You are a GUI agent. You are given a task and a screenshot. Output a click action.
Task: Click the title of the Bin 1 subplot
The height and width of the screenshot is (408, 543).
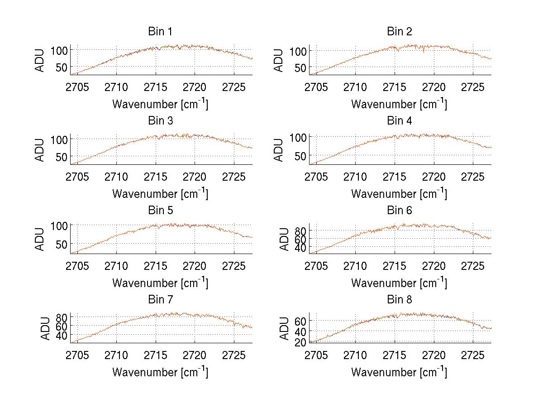pos(160,31)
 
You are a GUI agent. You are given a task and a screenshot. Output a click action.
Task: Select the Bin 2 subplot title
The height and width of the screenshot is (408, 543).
pos(399,31)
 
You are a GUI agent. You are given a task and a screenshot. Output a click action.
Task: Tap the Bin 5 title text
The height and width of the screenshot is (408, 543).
pos(160,210)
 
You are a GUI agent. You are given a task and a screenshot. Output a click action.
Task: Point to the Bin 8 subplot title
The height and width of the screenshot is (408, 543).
pos(399,299)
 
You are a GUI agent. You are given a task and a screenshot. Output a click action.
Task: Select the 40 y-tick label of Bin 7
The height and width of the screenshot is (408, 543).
pos(61,335)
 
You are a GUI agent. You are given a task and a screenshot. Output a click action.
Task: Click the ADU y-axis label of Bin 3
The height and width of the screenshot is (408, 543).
pos(40,149)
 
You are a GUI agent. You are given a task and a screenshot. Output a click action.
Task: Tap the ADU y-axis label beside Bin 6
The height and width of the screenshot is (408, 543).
pos(284,239)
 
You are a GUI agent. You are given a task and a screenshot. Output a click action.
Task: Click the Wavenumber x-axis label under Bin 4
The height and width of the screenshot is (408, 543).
pos(399,193)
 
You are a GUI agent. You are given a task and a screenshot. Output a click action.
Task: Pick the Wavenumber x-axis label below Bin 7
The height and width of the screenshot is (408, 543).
pos(160,372)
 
